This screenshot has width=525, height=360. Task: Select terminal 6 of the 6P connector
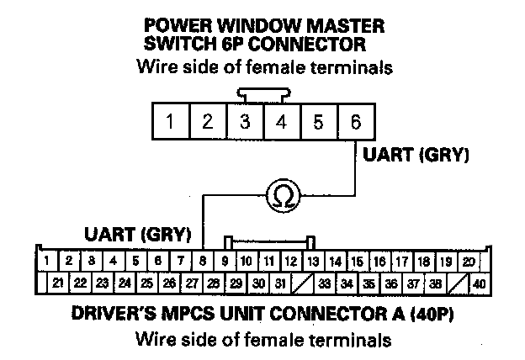point(356,121)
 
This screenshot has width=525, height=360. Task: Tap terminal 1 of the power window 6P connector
point(170,121)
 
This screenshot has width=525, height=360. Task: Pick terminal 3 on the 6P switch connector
point(244,121)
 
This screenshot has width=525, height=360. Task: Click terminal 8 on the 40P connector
point(203,262)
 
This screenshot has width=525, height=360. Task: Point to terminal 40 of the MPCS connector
point(480,283)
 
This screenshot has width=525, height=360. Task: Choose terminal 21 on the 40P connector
point(57,283)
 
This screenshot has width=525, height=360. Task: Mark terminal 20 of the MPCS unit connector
point(468,262)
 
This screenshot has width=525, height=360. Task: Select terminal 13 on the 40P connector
point(313,262)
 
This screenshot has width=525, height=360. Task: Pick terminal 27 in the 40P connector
point(192,283)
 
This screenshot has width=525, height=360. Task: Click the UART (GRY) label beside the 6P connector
point(415,156)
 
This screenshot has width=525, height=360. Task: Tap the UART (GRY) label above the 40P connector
point(138,231)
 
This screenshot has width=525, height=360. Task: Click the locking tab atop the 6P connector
point(262,93)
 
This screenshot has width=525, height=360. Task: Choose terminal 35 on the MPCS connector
point(368,283)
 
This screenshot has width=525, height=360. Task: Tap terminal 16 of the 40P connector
point(379,262)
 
